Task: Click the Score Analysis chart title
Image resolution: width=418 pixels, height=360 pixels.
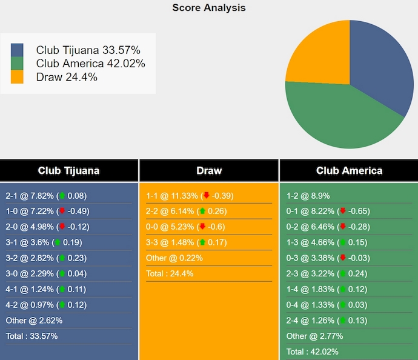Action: (209, 8)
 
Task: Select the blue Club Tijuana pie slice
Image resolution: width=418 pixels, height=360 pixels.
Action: (379, 64)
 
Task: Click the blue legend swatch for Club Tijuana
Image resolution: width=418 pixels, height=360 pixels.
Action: (17, 50)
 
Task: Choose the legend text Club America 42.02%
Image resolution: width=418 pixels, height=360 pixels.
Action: (90, 63)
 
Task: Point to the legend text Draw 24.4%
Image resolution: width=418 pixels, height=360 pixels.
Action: (67, 77)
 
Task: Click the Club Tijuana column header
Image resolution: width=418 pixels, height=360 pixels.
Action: (68, 170)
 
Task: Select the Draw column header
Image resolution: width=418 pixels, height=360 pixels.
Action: (209, 170)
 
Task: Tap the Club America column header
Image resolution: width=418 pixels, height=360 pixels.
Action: (349, 170)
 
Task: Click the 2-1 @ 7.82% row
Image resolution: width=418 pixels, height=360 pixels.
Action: (46, 196)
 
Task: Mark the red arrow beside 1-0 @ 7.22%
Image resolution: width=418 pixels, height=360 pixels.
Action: (62, 211)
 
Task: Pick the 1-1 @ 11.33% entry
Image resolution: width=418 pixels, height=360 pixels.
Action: (190, 196)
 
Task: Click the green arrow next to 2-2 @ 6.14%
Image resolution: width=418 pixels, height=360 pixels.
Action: (202, 211)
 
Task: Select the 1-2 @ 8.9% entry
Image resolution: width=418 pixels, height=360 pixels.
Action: (308, 196)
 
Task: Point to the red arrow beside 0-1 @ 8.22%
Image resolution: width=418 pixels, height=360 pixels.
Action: (343, 211)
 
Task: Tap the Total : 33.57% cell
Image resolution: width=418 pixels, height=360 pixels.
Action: (32, 336)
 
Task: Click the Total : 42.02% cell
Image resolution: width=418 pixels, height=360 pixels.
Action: (312, 352)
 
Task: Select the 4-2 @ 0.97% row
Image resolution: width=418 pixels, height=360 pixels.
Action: (46, 305)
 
